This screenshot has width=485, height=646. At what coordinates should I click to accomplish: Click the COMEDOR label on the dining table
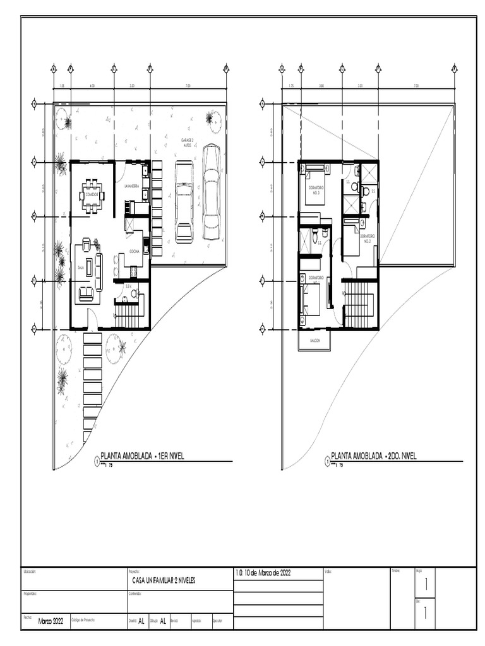tap(92, 195)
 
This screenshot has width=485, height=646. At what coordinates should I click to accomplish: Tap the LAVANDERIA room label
tap(132, 186)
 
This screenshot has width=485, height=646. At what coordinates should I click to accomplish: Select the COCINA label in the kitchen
tap(135, 251)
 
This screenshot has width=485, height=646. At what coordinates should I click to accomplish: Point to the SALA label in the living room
tap(81, 267)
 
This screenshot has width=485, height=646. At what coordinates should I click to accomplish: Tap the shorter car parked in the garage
tap(184, 201)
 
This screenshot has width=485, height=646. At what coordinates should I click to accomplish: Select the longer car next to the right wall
tap(211, 192)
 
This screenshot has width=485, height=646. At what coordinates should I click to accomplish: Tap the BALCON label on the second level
tap(314, 341)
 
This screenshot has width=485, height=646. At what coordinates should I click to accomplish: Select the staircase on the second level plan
tap(361, 305)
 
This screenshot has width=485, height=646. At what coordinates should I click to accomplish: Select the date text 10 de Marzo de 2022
tap(264, 573)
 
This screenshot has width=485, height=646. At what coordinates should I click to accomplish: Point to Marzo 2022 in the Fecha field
tap(51, 621)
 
